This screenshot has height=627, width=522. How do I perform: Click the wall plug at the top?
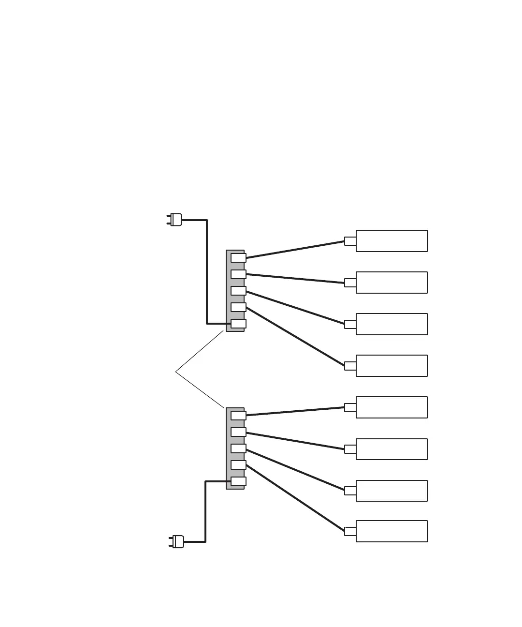pos(175,220)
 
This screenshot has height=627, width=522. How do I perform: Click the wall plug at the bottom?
pos(177,541)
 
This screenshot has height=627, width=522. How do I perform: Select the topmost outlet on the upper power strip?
pos(238,258)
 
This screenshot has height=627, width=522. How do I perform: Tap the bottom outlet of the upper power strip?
pos(238,324)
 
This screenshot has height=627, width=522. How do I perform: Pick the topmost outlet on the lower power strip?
pos(238,416)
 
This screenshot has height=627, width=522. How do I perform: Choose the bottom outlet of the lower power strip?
pos(238,481)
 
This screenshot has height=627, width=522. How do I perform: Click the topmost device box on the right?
pos(391,241)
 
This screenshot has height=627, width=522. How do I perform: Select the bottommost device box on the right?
pos(391,531)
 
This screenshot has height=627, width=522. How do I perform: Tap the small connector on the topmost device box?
pos(350,241)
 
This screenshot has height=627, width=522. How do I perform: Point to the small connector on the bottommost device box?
pos(350,531)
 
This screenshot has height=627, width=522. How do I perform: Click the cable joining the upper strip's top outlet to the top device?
pos(295,250)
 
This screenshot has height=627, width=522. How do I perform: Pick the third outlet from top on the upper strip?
pos(238,291)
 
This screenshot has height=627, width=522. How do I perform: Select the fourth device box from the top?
pos(391,366)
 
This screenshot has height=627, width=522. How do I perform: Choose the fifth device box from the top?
pos(391,407)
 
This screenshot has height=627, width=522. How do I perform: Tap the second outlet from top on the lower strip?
pos(238,432)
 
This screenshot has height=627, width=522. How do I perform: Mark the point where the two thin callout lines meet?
pos(175,372)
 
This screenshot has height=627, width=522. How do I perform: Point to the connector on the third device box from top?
pos(350,324)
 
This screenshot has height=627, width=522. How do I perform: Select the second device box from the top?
pos(391,283)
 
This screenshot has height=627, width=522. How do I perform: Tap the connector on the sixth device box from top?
pos(350,449)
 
